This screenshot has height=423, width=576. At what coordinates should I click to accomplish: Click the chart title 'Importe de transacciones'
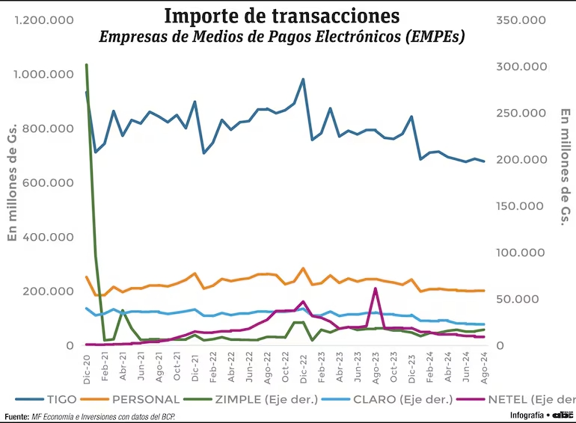pos(281,15)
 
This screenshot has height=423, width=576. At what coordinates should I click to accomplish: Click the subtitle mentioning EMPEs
pos(281,36)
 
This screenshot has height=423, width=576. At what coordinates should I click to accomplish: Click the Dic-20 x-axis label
pos(87,368)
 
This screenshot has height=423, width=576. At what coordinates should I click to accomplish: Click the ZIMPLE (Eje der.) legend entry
pos(262,399)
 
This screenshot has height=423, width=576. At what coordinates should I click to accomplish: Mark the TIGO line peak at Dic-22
pos(303,79)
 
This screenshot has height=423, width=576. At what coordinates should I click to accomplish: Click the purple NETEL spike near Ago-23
pos(376,288)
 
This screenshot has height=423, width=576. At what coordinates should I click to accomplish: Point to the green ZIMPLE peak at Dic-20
pos(87,65)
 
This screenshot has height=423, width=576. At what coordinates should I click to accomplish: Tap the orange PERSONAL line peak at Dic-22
pos(303,268)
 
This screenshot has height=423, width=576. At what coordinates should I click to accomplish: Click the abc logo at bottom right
pos(562,415)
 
